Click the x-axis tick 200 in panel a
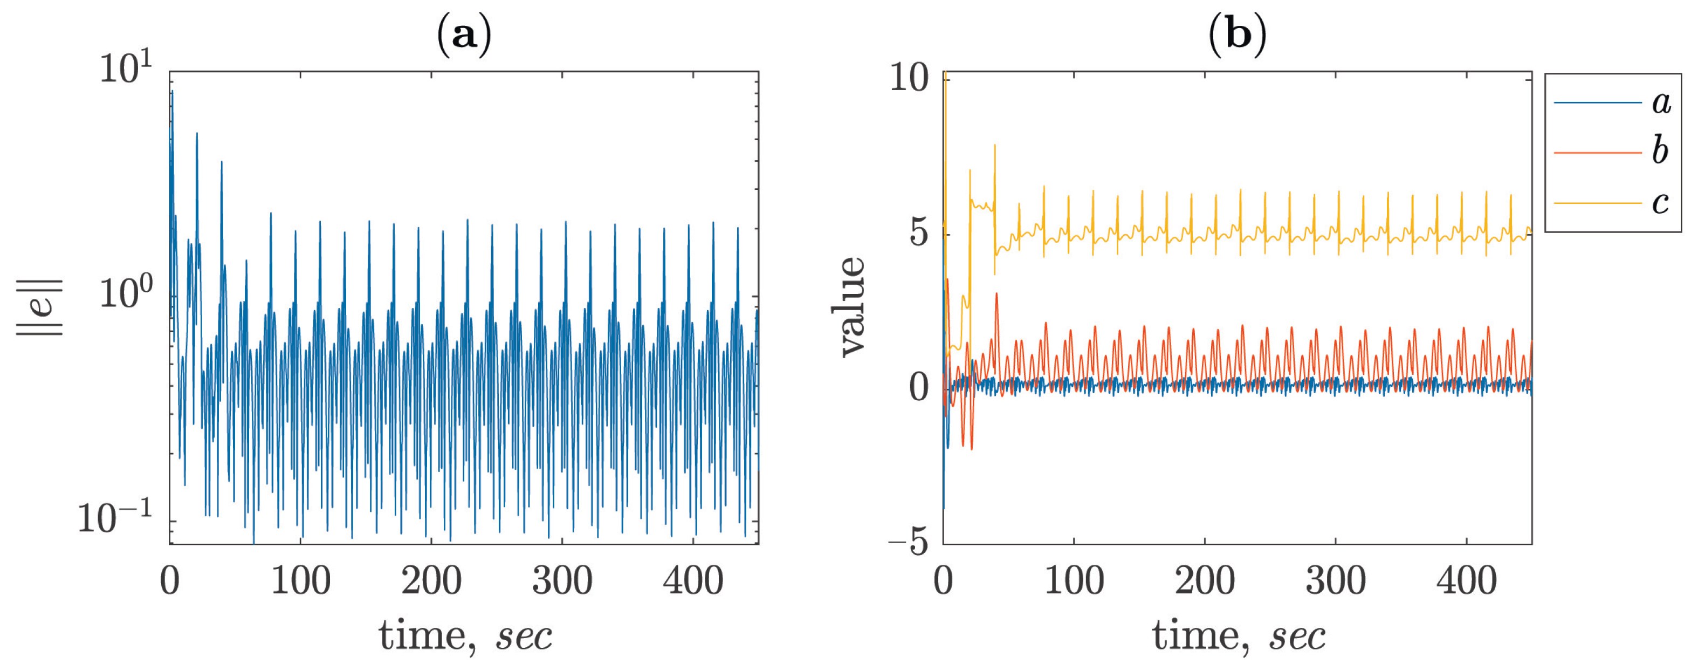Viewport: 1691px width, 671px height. click(x=431, y=581)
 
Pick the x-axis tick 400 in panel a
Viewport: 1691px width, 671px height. click(x=692, y=581)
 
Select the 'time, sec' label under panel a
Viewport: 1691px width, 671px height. click(x=465, y=635)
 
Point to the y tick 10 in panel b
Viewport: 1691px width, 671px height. click(x=909, y=79)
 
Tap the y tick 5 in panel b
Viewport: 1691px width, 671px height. click(x=920, y=234)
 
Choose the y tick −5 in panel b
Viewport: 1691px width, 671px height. click(x=909, y=543)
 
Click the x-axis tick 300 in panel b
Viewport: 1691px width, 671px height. click(x=1335, y=581)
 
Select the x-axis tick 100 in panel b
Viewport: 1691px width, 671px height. click(x=1074, y=581)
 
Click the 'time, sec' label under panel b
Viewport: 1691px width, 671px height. click(x=1238, y=635)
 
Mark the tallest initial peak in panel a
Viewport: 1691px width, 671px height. click(x=172, y=92)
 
